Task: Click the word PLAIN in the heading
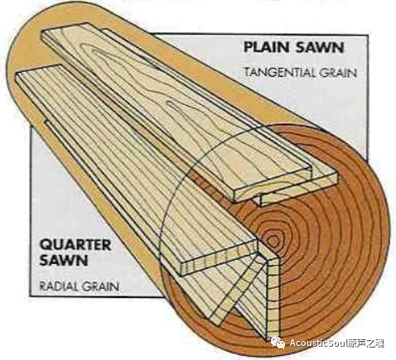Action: pyautogui.click(x=268, y=47)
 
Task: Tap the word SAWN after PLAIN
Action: pyautogui.click(x=320, y=47)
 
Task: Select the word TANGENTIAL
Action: pyautogui.click(x=280, y=73)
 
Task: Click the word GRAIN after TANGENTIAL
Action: pyautogui.click(x=338, y=73)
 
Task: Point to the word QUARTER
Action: pyautogui.click(x=75, y=244)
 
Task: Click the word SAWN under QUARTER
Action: pyautogui.click(x=64, y=260)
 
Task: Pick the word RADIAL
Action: pyautogui.click(x=59, y=286)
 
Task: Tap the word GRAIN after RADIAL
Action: pyautogui.click(x=100, y=286)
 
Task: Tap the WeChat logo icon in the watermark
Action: pyautogui.click(x=278, y=343)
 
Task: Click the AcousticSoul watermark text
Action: pyautogui.click(x=318, y=343)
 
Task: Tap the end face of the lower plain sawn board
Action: pyautogui.click(x=299, y=190)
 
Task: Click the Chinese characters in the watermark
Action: pyautogui.click(x=366, y=343)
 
